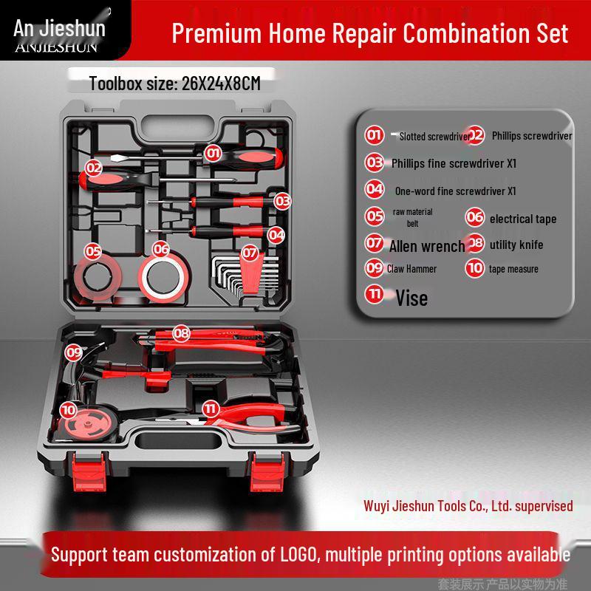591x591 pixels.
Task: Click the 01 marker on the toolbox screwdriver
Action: click(213, 153)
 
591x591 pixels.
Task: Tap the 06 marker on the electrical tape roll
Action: click(161, 250)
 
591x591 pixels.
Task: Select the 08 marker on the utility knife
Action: click(182, 334)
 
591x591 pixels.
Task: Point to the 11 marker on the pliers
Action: click(211, 408)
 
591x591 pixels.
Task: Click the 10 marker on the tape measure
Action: click(69, 409)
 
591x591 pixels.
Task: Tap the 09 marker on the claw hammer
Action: click(74, 352)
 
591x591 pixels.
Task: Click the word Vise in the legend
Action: click(411, 298)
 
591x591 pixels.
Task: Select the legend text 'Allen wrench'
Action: click(427, 246)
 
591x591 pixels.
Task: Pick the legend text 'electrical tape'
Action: click(522, 219)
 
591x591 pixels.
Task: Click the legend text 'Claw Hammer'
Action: click(411, 269)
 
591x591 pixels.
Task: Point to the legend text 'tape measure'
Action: click(513, 269)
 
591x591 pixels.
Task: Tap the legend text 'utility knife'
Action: click(516, 245)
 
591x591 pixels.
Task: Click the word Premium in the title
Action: click(207, 33)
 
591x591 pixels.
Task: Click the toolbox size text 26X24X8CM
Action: click(221, 83)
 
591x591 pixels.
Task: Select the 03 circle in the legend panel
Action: click(375, 163)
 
